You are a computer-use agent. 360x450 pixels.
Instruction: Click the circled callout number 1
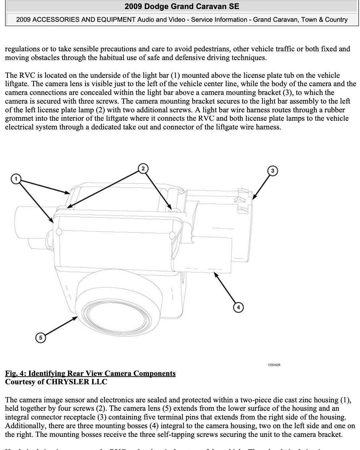click(x=16, y=179)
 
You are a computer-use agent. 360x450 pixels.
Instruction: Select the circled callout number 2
click(x=143, y=168)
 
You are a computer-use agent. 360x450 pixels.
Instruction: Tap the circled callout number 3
click(x=273, y=171)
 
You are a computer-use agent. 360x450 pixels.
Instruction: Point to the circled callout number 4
click(x=238, y=307)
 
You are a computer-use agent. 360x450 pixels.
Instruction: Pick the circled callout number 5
click(x=41, y=337)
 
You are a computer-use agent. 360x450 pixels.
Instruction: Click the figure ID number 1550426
click(x=274, y=364)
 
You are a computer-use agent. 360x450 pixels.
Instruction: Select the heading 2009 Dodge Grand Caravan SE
click(x=182, y=6)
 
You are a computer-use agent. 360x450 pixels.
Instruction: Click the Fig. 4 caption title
click(x=90, y=373)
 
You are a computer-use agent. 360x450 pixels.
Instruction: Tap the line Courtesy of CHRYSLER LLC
click(x=56, y=382)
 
